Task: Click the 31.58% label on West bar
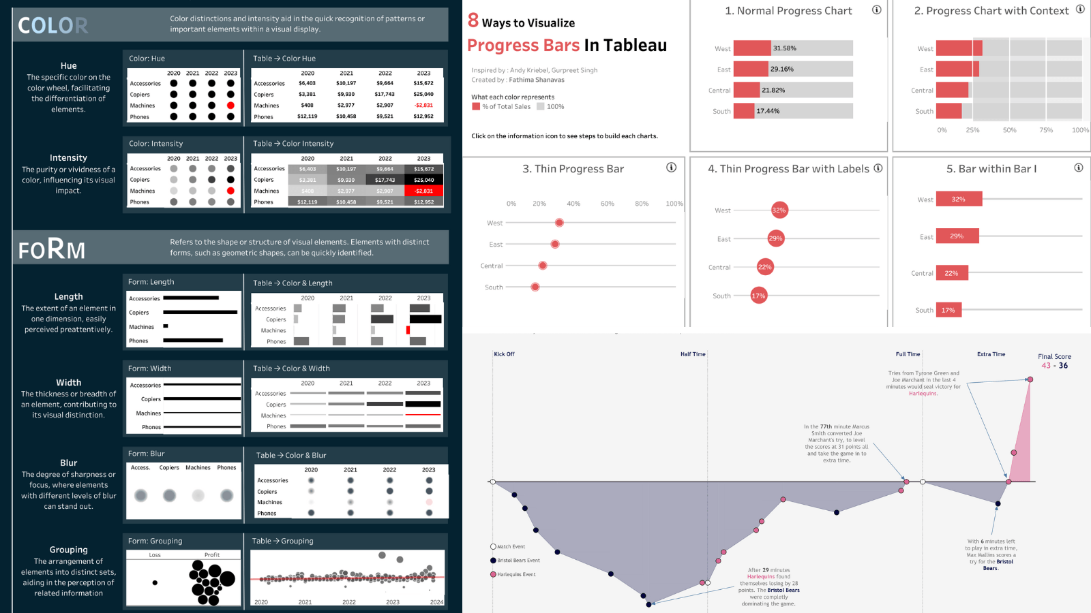click(784, 48)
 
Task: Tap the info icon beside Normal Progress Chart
click(877, 10)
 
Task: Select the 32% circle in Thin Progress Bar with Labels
click(779, 210)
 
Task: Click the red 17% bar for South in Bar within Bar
click(948, 310)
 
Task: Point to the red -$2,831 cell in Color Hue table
click(423, 106)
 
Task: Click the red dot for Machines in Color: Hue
click(230, 106)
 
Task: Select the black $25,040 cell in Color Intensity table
click(423, 180)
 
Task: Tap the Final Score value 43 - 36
click(1054, 366)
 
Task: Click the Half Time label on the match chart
click(693, 354)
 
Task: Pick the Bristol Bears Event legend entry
click(518, 561)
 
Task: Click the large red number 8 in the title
click(473, 21)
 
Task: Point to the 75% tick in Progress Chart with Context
click(1046, 130)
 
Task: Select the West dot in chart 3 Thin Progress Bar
click(559, 223)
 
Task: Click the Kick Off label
click(504, 354)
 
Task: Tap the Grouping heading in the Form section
click(68, 550)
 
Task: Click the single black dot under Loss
click(155, 582)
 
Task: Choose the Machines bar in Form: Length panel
click(166, 326)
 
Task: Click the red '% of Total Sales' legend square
click(476, 106)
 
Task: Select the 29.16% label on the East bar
click(781, 69)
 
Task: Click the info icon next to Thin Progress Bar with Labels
click(878, 168)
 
